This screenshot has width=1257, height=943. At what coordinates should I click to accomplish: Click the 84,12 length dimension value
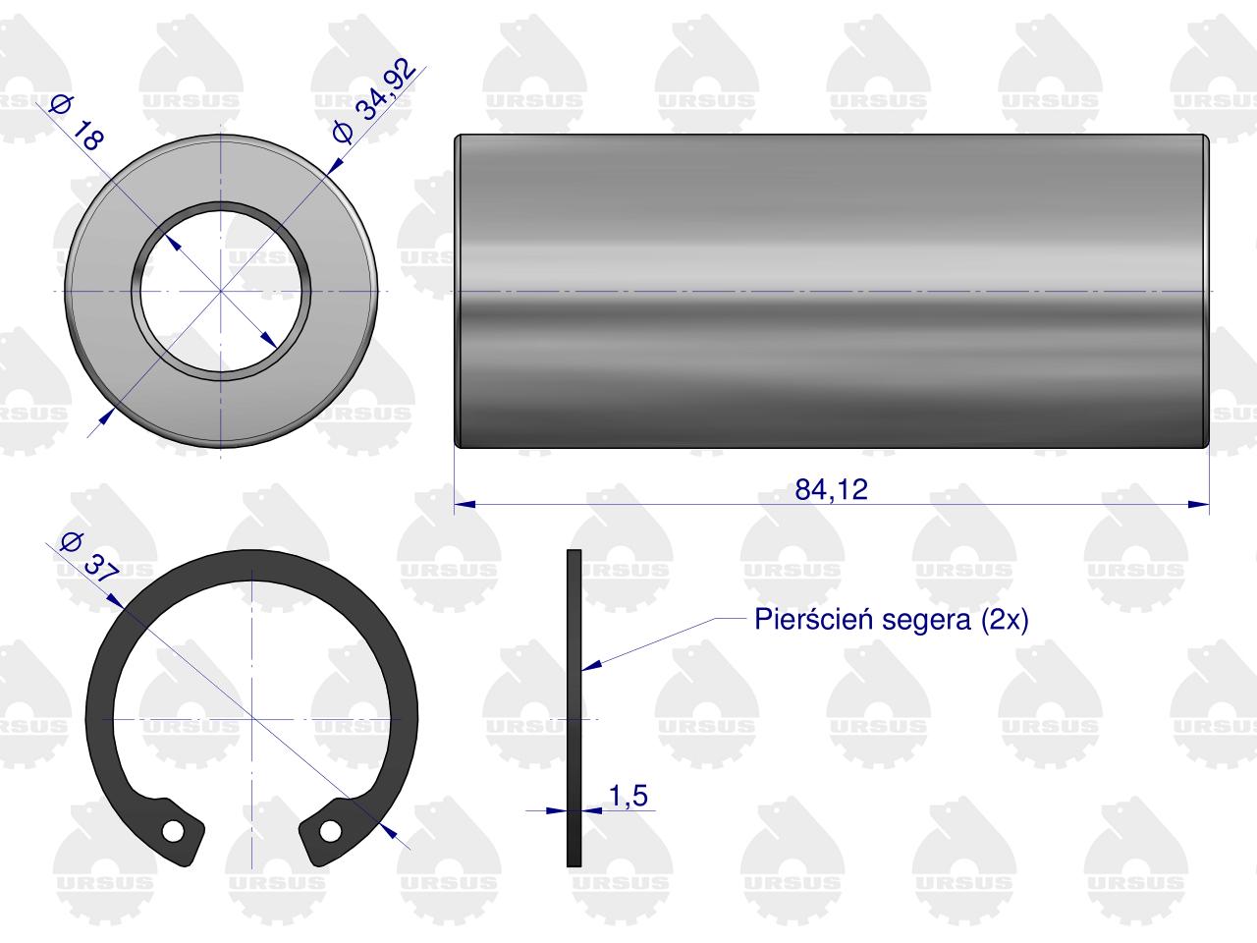pyautogui.click(x=831, y=489)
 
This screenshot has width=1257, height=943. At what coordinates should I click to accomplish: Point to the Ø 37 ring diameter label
pyautogui.click(x=89, y=558)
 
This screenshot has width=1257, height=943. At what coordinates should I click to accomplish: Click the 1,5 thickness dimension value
pyautogui.click(x=628, y=797)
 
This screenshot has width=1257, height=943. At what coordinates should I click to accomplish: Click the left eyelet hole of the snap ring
pyautogui.click(x=173, y=831)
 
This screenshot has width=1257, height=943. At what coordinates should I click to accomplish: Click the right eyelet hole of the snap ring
pyautogui.click(x=330, y=831)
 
